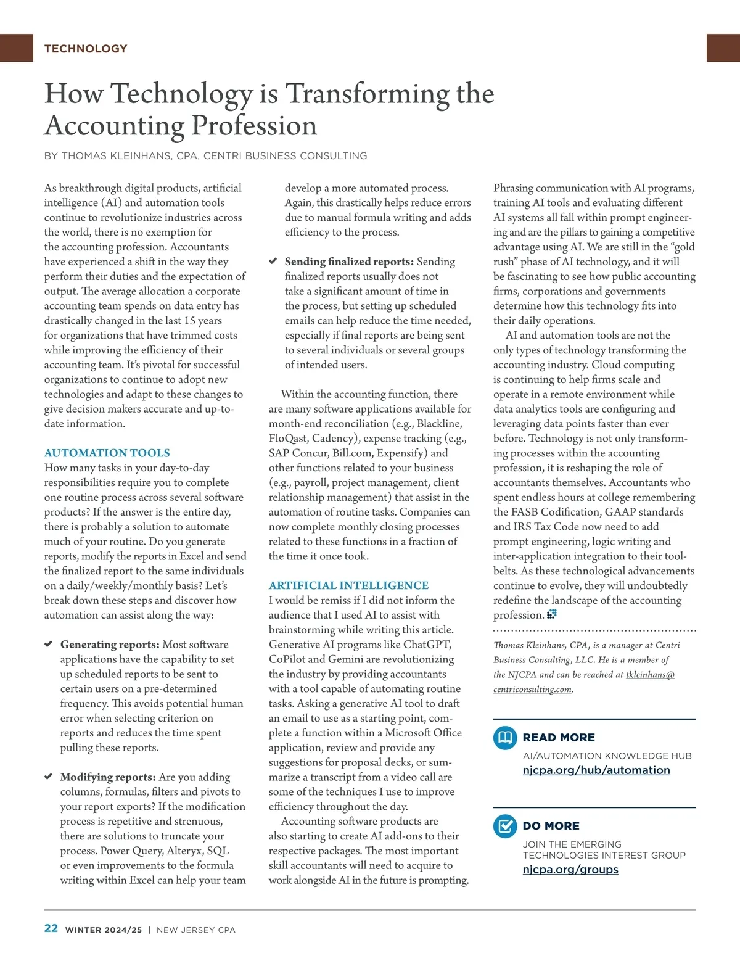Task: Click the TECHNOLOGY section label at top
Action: pyautogui.click(x=86, y=49)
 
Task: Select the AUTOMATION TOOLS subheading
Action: pyautogui.click(x=107, y=453)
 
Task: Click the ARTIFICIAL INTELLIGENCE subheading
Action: pyautogui.click(x=348, y=585)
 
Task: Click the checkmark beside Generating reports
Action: pyautogui.click(x=48, y=645)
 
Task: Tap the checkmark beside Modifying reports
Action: pyautogui.click(x=48, y=777)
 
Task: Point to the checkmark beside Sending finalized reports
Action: pyautogui.click(x=273, y=262)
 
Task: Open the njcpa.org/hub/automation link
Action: pyautogui.click(x=596, y=770)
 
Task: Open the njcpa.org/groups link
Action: pyautogui.click(x=570, y=870)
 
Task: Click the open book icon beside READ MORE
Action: pyautogui.click(x=505, y=738)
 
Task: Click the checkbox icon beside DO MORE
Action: pyautogui.click(x=505, y=826)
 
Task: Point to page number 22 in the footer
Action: pyautogui.click(x=51, y=929)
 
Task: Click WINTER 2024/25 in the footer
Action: pyautogui.click(x=104, y=930)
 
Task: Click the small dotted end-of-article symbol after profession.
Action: pyautogui.click(x=552, y=614)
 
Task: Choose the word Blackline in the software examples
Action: pyautogui.click(x=439, y=424)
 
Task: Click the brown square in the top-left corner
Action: pyautogui.click(x=16, y=48)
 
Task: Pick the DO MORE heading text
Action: pyautogui.click(x=551, y=826)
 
